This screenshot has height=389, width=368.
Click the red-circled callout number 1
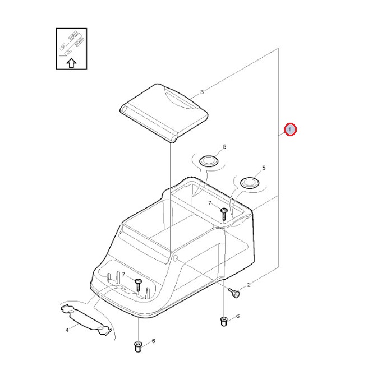(290, 129)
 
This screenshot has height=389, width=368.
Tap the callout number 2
(249, 285)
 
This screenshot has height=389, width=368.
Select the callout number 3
(202, 92)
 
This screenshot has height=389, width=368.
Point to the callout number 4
(67, 330)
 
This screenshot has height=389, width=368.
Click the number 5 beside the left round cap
(224, 147)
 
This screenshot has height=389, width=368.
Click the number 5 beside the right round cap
(264, 168)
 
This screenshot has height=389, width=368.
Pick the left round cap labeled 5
(209, 161)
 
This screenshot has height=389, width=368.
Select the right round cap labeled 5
(250, 183)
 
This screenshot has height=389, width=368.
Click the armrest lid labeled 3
(164, 113)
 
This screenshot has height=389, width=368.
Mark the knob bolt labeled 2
(234, 293)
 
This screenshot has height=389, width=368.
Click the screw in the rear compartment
(224, 214)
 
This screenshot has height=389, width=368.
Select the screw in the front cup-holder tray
(138, 285)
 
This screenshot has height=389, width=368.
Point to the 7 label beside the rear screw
(210, 203)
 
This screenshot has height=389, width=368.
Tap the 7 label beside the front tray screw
(123, 275)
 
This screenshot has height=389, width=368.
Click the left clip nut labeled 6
(138, 346)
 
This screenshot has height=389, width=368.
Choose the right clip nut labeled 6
(224, 322)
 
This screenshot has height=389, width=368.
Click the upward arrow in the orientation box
(71, 63)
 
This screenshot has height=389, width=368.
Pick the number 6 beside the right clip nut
(238, 316)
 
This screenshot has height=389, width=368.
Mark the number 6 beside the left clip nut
(153, 341)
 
